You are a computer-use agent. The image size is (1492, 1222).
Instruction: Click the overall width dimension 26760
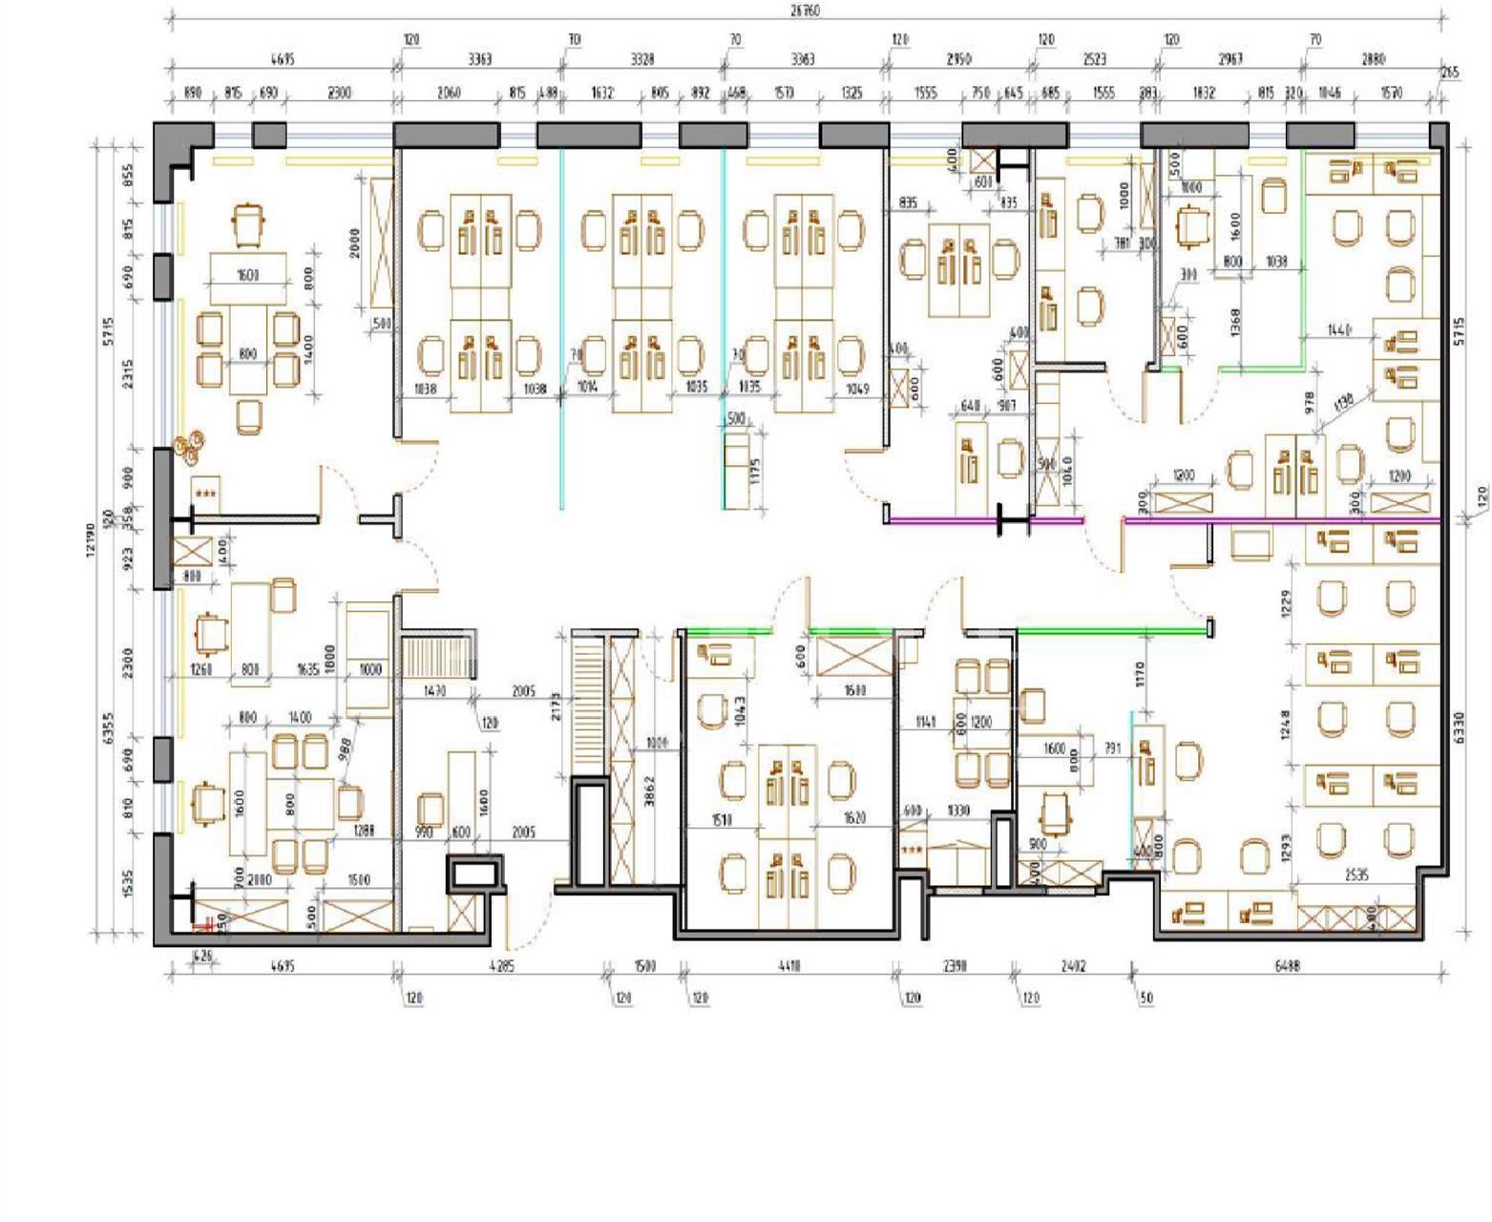point(804,11)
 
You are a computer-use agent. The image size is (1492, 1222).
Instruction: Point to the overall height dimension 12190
point(93,539)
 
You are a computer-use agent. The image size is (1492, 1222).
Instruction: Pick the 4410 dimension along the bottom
point(788,965)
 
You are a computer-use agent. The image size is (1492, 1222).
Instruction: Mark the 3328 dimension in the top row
point(642,59)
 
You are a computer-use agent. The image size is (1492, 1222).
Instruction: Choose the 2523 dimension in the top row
point(1094,59)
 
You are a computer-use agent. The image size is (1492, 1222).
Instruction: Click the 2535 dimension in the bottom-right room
point(1355,874)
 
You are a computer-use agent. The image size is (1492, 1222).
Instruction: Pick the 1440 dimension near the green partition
point(1339,330)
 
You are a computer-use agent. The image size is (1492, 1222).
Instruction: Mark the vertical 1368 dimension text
point(1235,320)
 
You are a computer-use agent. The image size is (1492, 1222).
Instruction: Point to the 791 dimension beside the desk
point(1112,748)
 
